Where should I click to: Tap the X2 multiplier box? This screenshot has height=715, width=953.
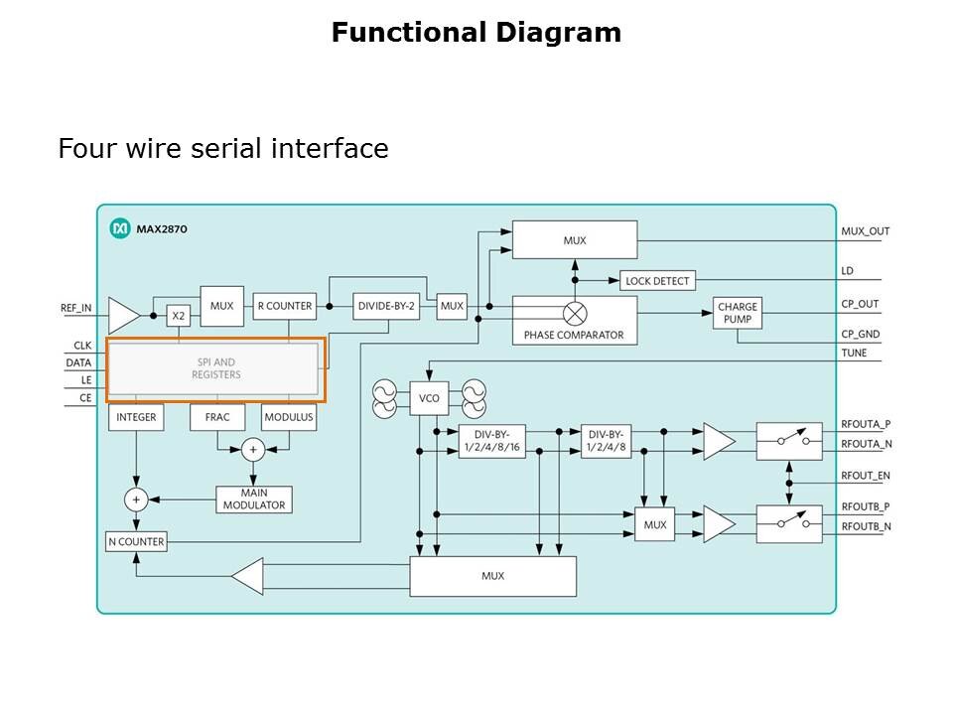[178, 316]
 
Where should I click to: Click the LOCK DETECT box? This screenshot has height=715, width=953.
[657, 281]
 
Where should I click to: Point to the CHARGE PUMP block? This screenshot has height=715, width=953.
[738, 314]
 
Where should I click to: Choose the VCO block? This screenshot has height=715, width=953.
[429, 398]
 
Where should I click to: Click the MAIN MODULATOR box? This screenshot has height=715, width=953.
[254, 500]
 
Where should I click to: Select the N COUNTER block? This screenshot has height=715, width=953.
[136, 542]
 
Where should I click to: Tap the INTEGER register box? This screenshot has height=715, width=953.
[136, 417]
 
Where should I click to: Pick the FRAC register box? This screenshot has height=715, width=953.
[217, 417]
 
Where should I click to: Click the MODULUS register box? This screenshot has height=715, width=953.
[289, 417]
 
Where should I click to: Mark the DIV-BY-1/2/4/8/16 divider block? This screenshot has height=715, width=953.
[492, 442]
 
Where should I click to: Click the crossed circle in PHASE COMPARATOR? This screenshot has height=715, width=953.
[575, 312]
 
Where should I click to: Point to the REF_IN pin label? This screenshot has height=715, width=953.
[75, 308]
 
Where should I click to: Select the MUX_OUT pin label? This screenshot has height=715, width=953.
[866, 231]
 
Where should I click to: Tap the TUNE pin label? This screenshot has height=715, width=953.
[854, 353]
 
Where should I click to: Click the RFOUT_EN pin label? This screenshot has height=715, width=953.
[866, 476]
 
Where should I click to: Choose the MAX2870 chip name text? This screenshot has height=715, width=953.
[163, 229]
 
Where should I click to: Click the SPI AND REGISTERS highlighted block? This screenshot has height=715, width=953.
[215, 368]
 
